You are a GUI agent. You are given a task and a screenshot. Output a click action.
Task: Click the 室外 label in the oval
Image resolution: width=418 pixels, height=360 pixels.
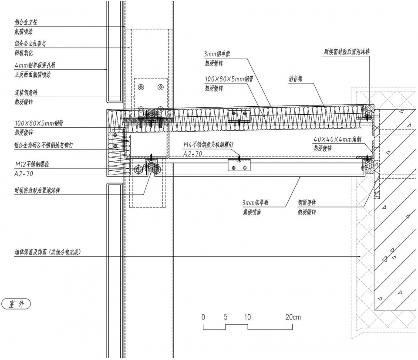[x=17, y=304]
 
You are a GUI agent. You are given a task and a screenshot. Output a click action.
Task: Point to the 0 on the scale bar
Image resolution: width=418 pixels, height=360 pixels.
[x=203, y=317]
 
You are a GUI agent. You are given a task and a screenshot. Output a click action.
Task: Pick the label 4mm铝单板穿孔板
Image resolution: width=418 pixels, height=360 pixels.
[x=35, y=65]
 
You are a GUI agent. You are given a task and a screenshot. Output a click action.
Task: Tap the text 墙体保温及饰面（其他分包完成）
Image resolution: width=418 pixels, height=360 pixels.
[x=48, y=252]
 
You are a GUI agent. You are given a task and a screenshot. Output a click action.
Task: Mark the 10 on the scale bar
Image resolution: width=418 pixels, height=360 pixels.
[x=247, y=317]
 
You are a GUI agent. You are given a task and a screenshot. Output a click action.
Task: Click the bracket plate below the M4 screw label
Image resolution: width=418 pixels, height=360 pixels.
[x=239, y=166]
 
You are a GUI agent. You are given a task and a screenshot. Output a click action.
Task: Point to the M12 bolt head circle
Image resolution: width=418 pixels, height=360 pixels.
[x=138, y=169]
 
